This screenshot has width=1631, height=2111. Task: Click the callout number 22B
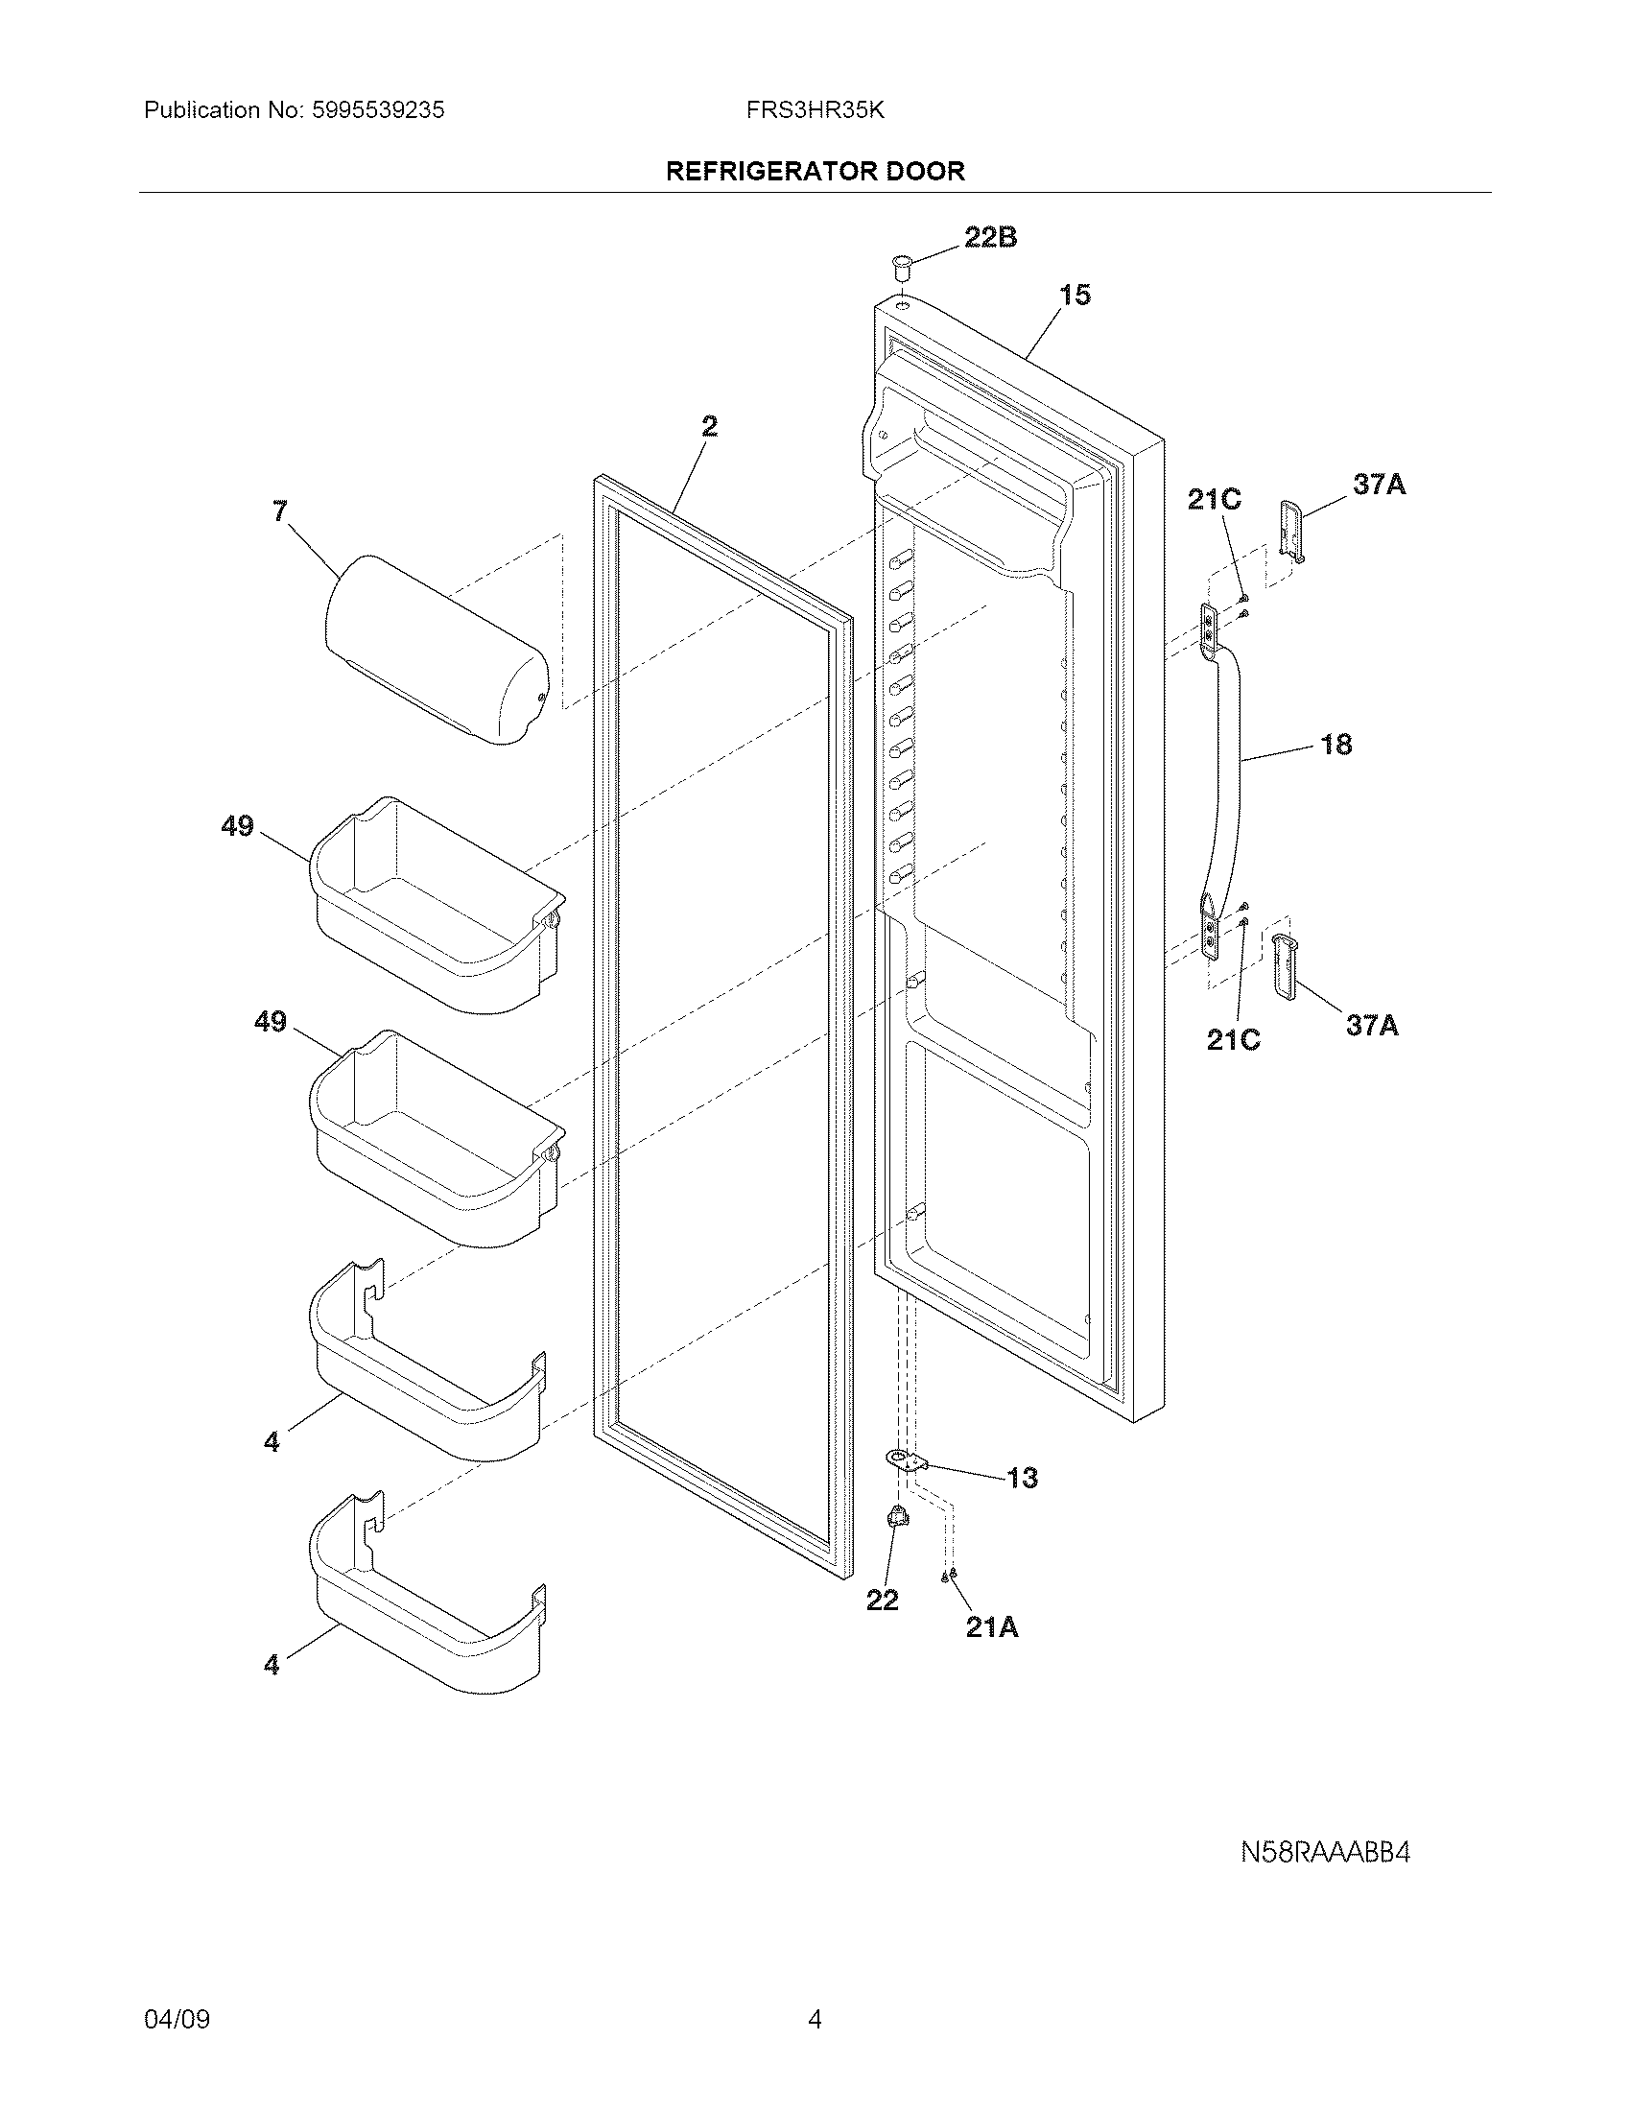[990, 238]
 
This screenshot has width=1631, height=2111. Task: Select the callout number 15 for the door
[1075, 295]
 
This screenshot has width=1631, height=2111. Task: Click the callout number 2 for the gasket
[709, 426]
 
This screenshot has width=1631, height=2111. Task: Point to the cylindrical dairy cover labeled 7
[435, 650]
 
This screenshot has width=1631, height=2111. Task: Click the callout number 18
[1336, 745]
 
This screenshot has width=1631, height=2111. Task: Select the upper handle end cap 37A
[1292, 530]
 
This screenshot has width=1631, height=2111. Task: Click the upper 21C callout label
[1215, 500]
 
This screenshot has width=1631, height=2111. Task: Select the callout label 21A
[992, 1627]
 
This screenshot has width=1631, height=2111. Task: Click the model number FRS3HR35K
[815, 110]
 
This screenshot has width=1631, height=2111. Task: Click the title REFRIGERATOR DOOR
[815, 172]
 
